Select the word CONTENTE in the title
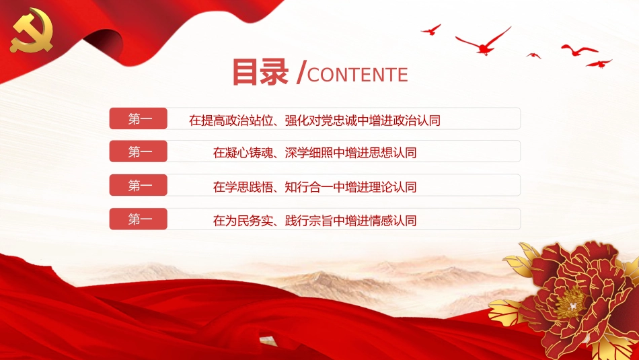(357, 75)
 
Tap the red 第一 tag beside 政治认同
(139, 119)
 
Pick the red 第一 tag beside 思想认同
(139, 152)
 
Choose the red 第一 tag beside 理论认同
(139, 186)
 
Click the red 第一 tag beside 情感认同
(139, 219)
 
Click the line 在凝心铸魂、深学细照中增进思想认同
(315, 153)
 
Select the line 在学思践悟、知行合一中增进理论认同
(315, 186)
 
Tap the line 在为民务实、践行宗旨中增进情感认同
(315, 220)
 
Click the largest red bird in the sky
(484, 42)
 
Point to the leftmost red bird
(431, 30)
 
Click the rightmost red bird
(599, 63)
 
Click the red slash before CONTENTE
(301, 73)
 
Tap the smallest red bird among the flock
(534, 55)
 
